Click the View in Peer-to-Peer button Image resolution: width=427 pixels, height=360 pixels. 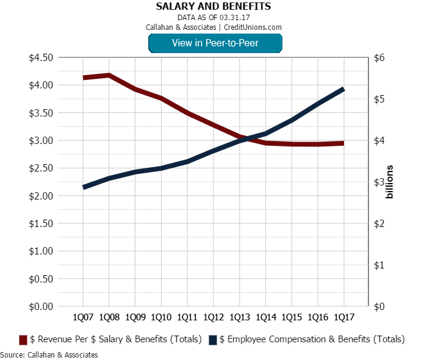tap(215, 43)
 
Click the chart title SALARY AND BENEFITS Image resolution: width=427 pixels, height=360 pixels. tap(213, 7)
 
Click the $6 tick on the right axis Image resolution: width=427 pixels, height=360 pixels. tap(379, 57)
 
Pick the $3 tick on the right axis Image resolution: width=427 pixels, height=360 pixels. tap(379, 182)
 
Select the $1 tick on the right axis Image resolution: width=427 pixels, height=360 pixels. tap(379, 265)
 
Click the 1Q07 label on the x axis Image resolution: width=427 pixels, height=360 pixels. tap(83, 318)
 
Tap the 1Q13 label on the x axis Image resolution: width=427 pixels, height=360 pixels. tap(240, 318)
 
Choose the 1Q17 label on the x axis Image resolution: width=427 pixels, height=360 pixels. tap(344, 318)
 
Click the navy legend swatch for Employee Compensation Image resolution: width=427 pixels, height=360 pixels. tap(213, 340)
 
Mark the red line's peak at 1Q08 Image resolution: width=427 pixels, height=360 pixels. tap(109, 75)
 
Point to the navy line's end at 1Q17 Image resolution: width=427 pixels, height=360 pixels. tap(344, 89)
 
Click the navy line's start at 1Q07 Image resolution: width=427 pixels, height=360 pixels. tap(84, 187)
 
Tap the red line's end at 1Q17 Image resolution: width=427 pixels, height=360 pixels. tap(344, 143)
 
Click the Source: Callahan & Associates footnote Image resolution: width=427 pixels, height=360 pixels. tap(49, 355)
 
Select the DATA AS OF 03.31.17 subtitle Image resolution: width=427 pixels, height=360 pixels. tap(213, 18)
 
